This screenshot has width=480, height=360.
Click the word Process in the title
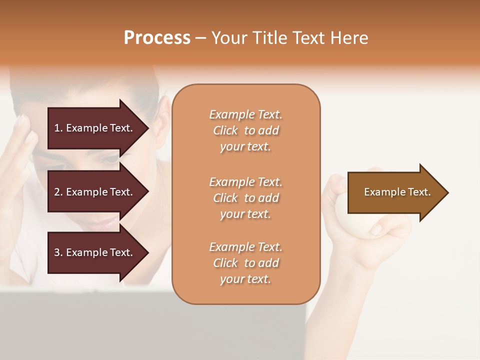pos(157,38)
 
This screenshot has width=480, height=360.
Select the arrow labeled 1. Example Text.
pos(95,128)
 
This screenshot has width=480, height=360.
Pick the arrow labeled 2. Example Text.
pos(95,192)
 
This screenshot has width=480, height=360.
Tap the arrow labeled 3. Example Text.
pos(95,252)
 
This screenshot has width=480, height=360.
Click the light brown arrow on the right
pos(395,192)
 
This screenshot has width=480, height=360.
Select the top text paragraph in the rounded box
pos(245,130)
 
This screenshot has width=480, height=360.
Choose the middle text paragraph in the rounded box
pos(245,198)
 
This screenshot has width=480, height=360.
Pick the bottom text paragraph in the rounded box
pos(245,263)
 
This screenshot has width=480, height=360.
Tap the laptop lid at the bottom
pos(150,325)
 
